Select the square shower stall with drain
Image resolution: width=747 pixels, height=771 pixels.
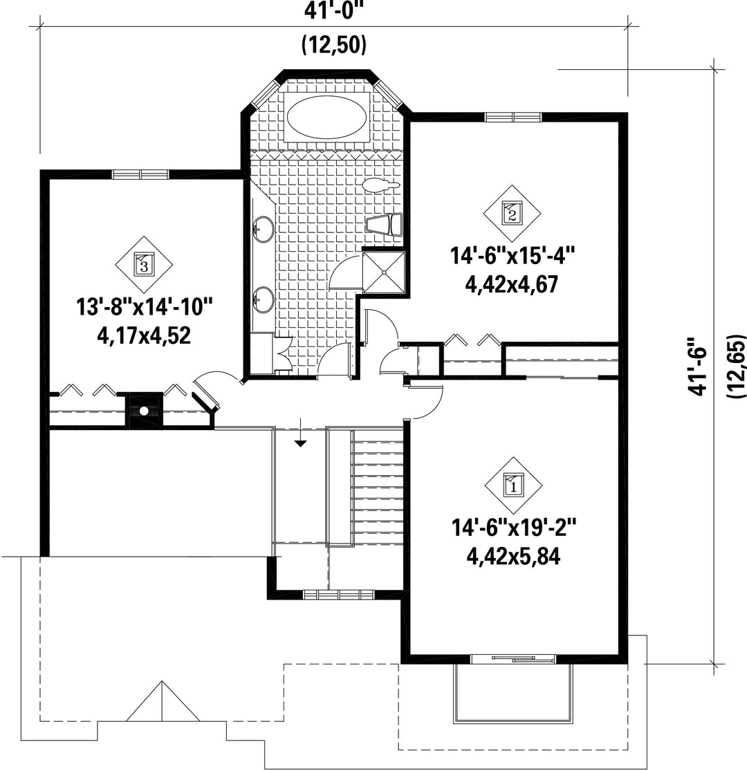pyautogui.click(x=383, y=273)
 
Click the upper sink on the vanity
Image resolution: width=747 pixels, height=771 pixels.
pyautogui.click(x=263, y=229)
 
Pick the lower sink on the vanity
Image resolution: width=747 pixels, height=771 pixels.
pyautogui.click(x=263, y=299)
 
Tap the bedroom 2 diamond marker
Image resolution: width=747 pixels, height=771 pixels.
pyautogui.click(x=512, y=214)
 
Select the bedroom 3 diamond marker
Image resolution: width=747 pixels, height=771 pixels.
pyautogui.click(x=144, y=265)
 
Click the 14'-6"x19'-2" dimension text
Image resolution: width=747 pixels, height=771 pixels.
pyautogui.click(x=513, y=529)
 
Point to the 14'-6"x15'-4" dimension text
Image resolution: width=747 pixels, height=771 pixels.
pyautogui.click(x=513, y=257)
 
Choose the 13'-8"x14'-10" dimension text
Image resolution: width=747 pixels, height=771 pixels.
pyautogui.click(x=144, y=308)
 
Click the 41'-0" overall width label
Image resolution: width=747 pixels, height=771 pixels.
pyautogui.click(x=333, y=10)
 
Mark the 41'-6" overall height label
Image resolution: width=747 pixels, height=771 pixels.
pyautogui.click(x=697, y=366)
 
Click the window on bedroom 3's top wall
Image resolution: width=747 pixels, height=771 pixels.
pyautogui.click(x=140, y=174)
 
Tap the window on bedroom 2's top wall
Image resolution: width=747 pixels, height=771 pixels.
pyautogui.click(x=513, y=117)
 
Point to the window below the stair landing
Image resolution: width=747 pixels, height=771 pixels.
pyautogui.click(x=339, y=595)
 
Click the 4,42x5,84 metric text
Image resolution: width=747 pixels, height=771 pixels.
pyautogui.click(x=513, y=557)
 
